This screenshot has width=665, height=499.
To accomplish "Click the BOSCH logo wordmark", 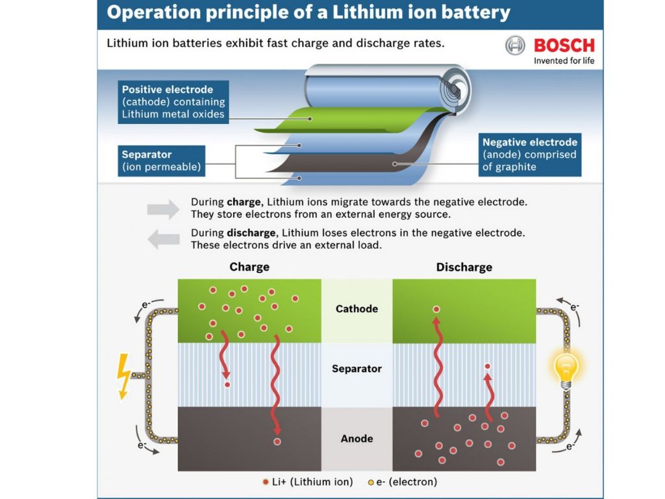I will [x=564, y=45].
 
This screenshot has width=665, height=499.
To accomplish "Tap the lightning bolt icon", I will [x=123, y=376].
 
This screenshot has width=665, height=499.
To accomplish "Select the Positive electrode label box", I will [x=173, y=102].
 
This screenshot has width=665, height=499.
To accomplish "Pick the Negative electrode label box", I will [x=529, y=154].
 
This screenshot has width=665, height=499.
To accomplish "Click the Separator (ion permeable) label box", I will [x=161, y=160].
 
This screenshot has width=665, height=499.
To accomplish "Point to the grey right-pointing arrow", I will [x=163, y=209].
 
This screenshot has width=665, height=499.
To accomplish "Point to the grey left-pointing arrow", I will [x=163, y=239].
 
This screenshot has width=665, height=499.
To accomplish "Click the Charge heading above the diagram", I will [x=249, y=267].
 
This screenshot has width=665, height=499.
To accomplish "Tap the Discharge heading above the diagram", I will [x=464, y=267].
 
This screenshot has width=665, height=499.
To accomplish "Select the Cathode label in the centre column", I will [x=357, y=309].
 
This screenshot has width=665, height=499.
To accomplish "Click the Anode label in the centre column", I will [x=357, y=439].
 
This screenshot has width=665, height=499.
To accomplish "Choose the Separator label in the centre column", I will [x=357, y=368].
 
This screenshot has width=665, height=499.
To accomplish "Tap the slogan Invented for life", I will [x=564, y=61].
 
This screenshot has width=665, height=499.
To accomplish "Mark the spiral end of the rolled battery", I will [x=454, y=86].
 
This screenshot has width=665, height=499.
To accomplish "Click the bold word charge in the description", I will [x=244, y=202].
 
